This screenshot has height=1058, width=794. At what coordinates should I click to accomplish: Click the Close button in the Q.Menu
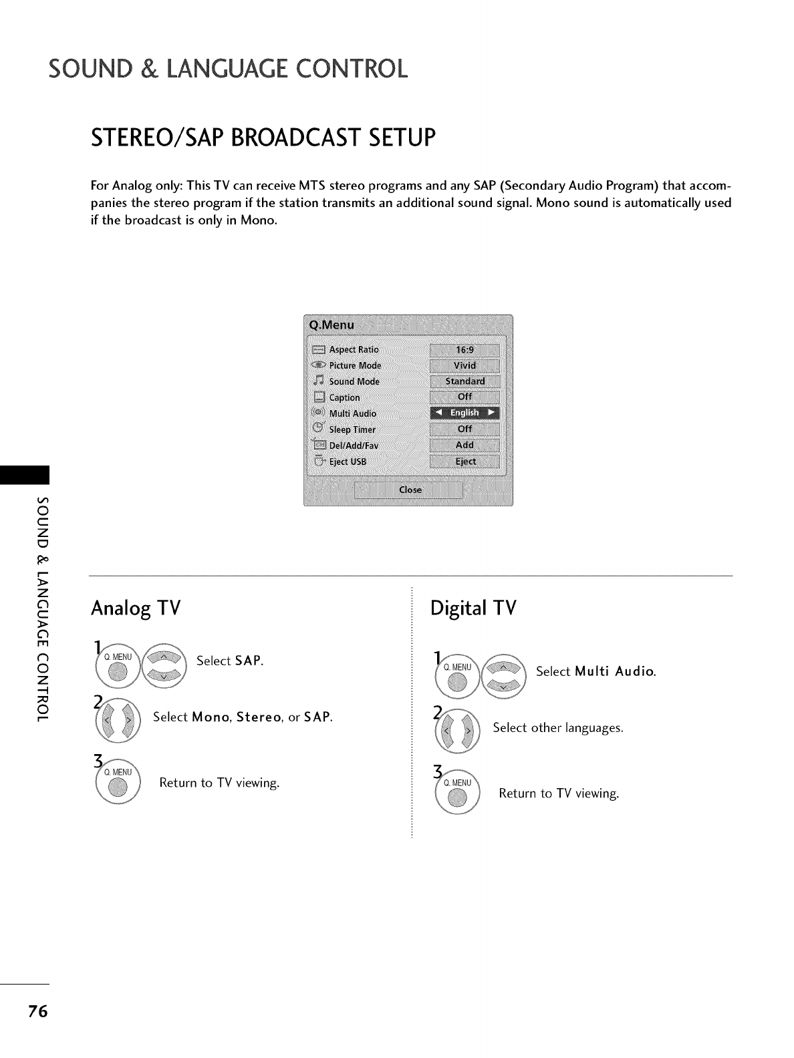tap(410, 490)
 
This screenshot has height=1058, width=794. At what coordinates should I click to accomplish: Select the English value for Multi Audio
tap(465, 413)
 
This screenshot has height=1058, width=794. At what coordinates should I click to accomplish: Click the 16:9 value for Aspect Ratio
tap(465, 349)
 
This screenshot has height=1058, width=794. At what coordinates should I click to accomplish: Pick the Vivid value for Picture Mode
tap(465, 365)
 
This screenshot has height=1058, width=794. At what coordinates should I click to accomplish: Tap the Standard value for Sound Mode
tap(465, 381)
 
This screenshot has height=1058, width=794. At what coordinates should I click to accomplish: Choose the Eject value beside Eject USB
tap(465, 462)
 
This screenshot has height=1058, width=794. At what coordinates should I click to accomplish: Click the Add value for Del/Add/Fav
tap(465, 445)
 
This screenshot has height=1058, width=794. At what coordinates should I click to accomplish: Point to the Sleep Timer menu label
tap(352, 429)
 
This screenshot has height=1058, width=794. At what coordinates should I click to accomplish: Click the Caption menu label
tap(344, 397)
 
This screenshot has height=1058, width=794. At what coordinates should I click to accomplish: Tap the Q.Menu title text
tap(332, 325)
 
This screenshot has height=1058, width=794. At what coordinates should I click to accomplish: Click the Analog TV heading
tap(136, 608)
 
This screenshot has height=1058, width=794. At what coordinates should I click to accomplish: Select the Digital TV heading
tap(474, 608)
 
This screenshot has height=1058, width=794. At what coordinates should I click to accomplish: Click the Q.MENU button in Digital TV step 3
tap(458, 793)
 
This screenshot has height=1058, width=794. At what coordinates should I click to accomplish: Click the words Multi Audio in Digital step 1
tap(614, 671)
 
